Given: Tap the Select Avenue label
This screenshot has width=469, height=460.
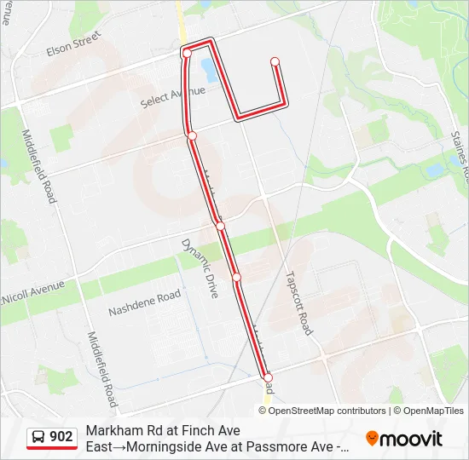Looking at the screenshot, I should click(173, 96).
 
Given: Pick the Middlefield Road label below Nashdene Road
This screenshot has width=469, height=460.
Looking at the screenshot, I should click(100, 368).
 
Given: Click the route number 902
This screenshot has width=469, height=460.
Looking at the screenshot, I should click(61, 437).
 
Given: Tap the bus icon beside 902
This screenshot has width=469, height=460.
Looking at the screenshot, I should click(39, 437).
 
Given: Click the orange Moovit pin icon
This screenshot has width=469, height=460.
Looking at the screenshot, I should click(372, 439).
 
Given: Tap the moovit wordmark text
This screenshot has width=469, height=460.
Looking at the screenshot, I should click(412, 439).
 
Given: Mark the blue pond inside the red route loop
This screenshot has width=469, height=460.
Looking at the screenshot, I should click(208, 67).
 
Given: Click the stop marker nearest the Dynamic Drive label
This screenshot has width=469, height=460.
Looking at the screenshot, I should click(220, 226).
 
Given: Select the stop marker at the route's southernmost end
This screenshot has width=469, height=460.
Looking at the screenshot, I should click(268, 377).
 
